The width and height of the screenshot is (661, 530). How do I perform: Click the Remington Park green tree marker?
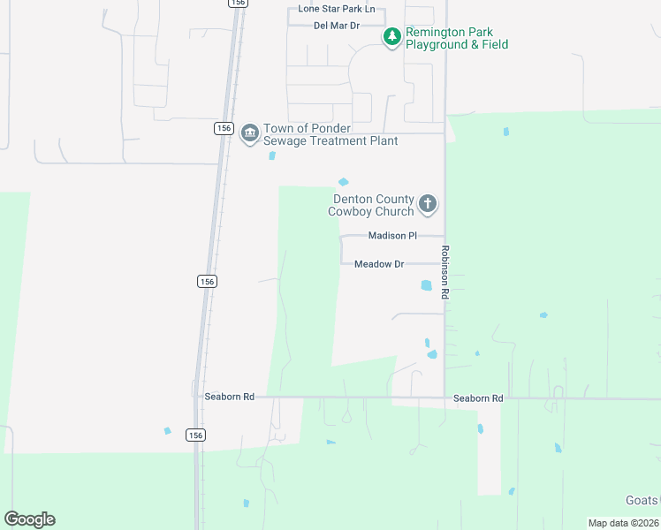pyautogui.click(x=391, y=37)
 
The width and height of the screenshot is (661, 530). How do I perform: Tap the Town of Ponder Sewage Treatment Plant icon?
pyautogui.click(x=250, y=133)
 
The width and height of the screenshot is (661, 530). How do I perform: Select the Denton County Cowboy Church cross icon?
pyautogui.click(x=428, y=205)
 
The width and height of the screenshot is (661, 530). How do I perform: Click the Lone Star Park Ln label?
pyautogui.click(x=337, y=10)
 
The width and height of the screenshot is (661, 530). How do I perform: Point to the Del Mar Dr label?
pyautogui.click(x=337, y=26)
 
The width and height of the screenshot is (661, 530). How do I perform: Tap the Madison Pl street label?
pyautogui.click(x=392, y=236)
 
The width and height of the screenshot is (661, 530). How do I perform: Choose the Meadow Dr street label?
pyautogui.click(x=378, y=264)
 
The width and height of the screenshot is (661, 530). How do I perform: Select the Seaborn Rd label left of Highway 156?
pyautogui.click(x=229, y=397)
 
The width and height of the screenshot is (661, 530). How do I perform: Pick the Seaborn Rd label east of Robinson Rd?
pyautogui.click(x=478, y=398)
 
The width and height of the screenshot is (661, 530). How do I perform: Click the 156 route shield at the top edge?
pyautogui.click(x=237, y=4)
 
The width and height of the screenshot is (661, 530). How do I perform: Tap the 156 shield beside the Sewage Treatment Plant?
pyautogui.click(x=224, y=129)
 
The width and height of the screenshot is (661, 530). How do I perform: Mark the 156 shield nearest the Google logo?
pyautogui.click(x=195, y=435)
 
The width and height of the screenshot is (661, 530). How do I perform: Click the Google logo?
pyautogui.click(x=29, y=519)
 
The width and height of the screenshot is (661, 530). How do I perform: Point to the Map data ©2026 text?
pyautogui.click(x=623, y=523)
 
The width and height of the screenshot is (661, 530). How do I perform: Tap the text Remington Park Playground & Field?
pyautogui.click(x=456, y=38)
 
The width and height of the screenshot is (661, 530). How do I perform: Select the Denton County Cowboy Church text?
pyautogui.click(x=371, y=205)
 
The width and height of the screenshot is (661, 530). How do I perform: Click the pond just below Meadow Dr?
pyautogui.click(x=427, y=285)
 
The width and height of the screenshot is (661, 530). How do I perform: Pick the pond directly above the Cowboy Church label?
pyautogui.click(x=344, y=183)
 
